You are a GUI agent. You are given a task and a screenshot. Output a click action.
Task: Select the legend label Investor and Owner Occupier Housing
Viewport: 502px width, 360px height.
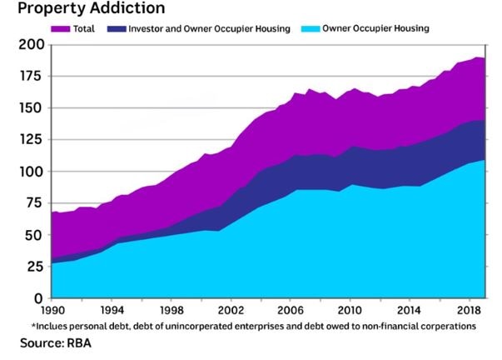coord(210,29)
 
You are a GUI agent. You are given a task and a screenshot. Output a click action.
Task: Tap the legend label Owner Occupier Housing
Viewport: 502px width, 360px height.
coord(375,29)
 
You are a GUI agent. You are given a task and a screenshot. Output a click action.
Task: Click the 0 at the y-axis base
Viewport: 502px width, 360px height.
coord(37,298)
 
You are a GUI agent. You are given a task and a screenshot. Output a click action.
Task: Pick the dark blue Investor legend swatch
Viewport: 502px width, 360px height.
coord(123,29)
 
